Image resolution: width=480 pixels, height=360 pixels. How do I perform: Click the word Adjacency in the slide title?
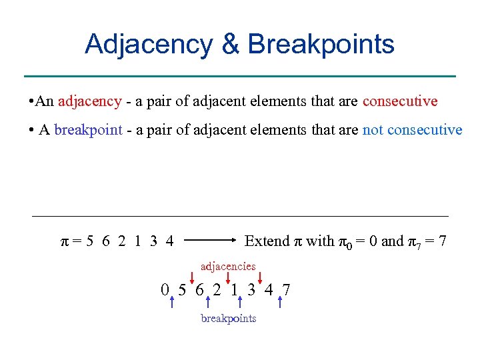147,44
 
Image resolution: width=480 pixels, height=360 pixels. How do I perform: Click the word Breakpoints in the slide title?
321,44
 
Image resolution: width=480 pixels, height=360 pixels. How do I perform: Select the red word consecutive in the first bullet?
400,101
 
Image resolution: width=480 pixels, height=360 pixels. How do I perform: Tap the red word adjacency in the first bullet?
90,101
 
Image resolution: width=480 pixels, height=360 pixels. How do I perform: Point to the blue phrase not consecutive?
412,129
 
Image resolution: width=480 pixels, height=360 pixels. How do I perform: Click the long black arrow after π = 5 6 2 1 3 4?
209,241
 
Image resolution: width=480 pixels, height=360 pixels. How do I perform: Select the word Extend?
267,241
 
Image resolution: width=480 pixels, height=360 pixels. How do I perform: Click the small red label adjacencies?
228,266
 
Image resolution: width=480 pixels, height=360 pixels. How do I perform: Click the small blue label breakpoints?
229,318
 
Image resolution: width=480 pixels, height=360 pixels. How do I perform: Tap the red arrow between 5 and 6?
191,278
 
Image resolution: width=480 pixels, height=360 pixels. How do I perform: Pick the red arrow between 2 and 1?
228,278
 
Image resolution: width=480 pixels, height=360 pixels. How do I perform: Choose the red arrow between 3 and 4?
260,278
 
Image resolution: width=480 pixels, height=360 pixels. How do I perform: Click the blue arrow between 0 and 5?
173,303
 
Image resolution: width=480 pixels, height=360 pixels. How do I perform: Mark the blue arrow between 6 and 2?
209,303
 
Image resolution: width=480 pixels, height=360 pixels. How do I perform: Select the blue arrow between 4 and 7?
280,303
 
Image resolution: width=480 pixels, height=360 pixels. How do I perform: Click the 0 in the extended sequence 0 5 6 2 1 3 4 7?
164,290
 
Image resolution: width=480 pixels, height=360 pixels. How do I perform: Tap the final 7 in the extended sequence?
286,290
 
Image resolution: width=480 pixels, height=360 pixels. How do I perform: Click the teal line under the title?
239,76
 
